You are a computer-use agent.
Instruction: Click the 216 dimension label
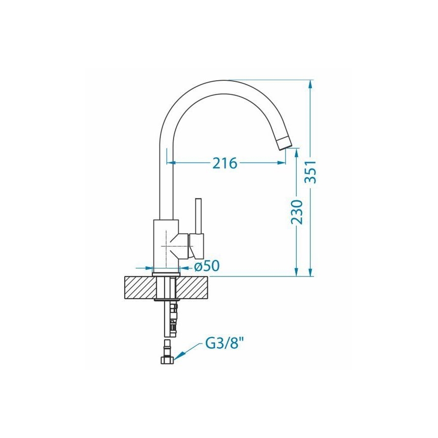(225, 163)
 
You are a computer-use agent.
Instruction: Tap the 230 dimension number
(297, 212)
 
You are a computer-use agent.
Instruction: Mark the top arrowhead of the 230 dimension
(297, 152)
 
